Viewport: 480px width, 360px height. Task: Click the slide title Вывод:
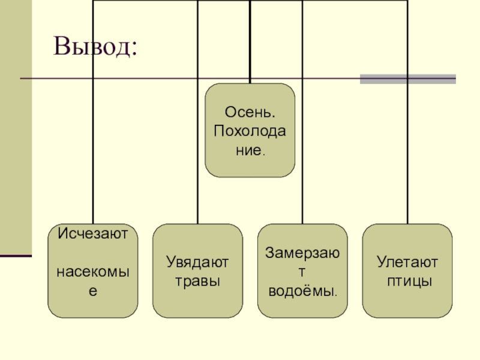point(95,47)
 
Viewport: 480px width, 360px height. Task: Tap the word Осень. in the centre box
point(250,112)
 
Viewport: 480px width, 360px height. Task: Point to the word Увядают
point(197,262)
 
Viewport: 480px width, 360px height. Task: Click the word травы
point(197,280)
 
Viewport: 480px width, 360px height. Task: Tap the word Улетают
point(408,262)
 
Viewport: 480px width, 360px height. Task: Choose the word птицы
point(408,280)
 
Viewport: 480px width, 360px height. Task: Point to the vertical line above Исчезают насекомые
point(93,150)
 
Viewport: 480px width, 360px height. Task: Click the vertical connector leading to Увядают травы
point(197,150)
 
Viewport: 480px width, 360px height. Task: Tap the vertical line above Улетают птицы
point(408,150)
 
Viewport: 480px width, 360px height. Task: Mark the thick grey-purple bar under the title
point(407,79)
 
